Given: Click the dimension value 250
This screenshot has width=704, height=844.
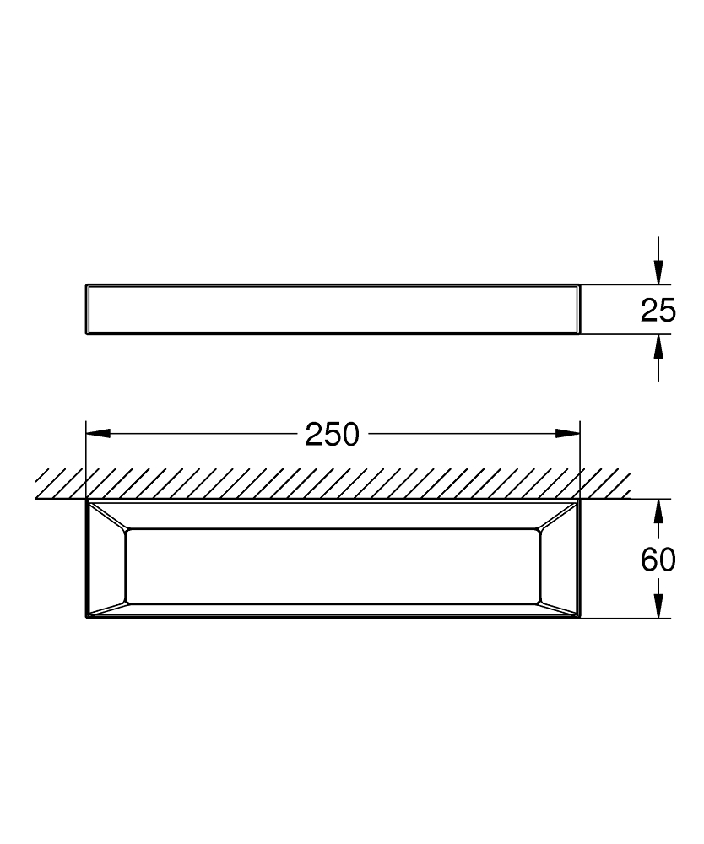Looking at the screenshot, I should [333, 435].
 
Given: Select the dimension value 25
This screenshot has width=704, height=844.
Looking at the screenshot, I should [658, 310].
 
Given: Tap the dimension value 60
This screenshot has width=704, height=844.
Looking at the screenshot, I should [658, 559].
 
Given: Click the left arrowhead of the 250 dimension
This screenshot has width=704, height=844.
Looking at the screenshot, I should [98, 434].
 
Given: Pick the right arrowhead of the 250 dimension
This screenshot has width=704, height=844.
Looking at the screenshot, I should [567, 434].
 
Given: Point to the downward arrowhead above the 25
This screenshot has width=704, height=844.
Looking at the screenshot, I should [659, 272].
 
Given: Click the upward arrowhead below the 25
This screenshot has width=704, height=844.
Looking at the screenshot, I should [659, 347].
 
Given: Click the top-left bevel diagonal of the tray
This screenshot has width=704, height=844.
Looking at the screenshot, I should [107, 517].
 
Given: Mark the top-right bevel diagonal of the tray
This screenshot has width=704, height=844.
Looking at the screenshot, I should [559, 517].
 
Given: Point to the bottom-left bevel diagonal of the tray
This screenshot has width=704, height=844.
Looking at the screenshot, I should [107, 609].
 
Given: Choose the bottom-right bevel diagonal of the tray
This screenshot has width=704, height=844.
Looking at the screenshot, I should [559, 609].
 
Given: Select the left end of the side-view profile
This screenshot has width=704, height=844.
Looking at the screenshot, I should [88, 310].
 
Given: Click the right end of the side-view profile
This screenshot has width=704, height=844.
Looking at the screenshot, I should [578, 310].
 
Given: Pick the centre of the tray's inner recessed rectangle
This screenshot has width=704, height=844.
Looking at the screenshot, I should [333, 566].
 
